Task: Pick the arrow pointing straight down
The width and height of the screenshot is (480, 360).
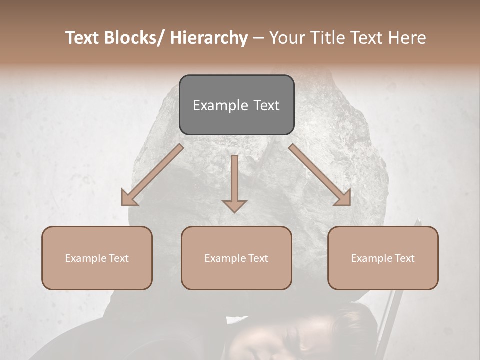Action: coord(234,183)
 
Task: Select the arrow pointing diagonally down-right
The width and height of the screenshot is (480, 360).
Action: coord(320,175)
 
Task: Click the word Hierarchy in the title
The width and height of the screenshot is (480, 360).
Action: coord(208,38)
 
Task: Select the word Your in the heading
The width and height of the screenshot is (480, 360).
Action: coord(285,38)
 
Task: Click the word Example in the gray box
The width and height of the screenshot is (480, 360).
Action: coord(220,105)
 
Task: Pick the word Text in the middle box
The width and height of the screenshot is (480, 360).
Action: coord(256,258)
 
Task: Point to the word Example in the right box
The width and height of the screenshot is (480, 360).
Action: coord(370,258)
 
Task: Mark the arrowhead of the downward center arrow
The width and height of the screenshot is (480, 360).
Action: coord(234,205)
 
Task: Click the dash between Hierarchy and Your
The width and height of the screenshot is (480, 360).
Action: coord(258,38)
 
